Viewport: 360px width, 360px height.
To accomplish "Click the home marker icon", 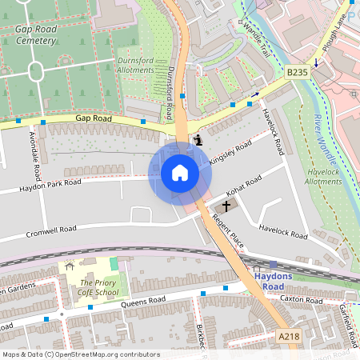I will click(x=179, y=173).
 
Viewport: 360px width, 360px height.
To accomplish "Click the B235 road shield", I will click(x=298, y=72).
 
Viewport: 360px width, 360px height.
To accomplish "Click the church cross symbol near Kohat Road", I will click(x=226, y=206).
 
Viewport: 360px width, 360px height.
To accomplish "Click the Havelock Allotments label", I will click(x=323, y=176).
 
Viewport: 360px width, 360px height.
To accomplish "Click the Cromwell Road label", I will click(x=51, y=230).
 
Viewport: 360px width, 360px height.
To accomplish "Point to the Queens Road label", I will click(x=143, y=301).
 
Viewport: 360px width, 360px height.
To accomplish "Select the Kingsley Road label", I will click(x=230, y=151).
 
